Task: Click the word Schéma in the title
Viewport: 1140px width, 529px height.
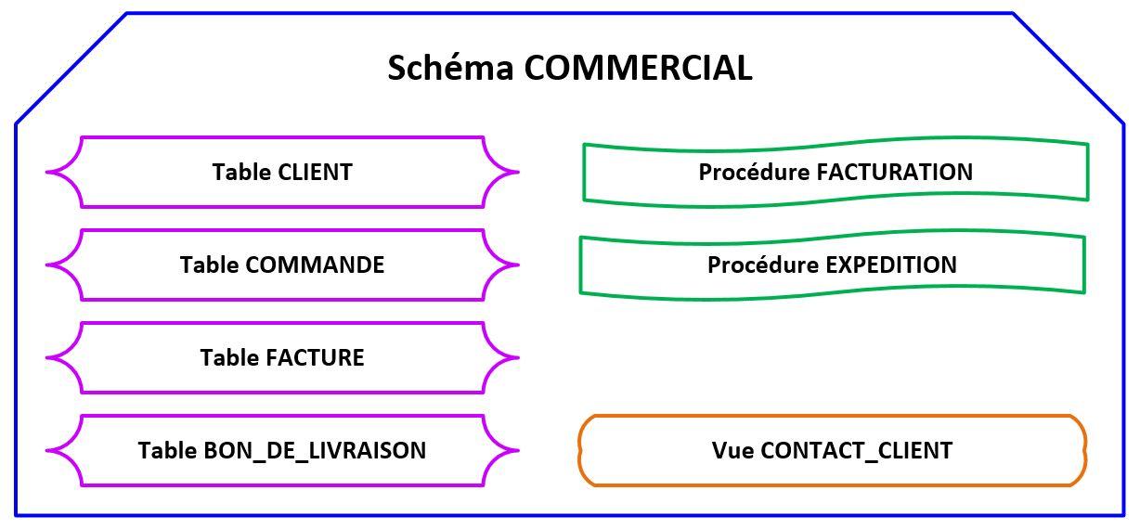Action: click(450, 68)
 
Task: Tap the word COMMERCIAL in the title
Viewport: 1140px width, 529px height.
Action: click(638, 68)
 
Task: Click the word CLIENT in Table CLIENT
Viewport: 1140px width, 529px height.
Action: click(315, 173)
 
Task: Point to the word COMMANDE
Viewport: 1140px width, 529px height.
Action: click(315, 265)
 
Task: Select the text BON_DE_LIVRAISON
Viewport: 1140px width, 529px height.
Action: click(315, 451)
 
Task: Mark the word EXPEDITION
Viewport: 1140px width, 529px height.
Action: click(891, 265)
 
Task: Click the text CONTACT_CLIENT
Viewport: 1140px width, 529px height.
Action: click(856, 451)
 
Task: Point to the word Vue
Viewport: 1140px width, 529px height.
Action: click(732, 451)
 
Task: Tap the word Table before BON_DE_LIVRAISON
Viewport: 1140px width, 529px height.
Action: click(167, 451)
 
